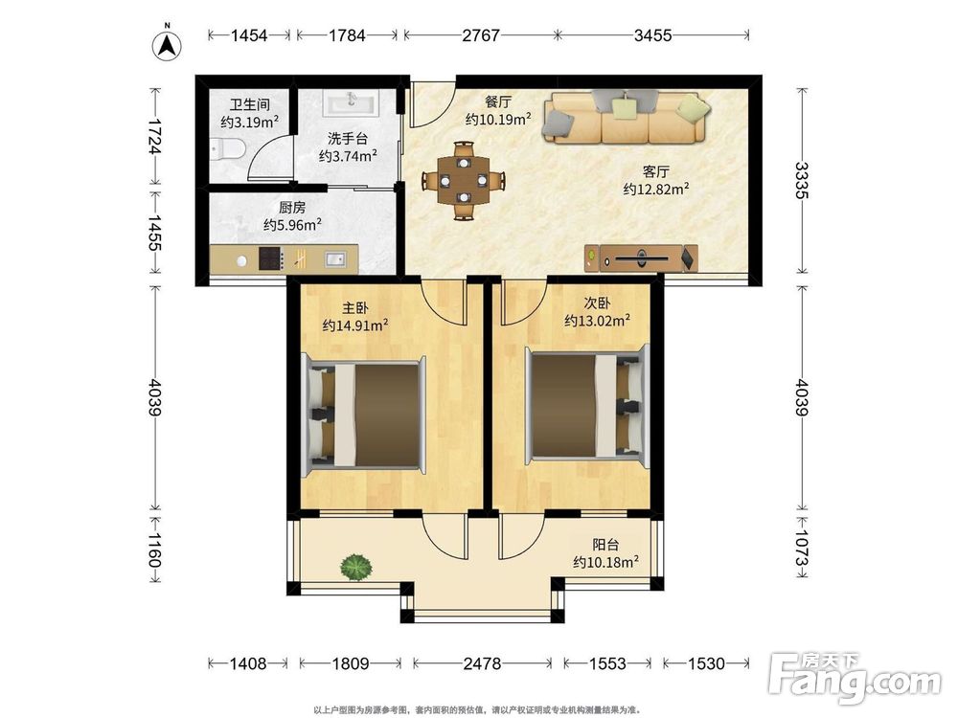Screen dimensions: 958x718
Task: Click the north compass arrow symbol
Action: pos(168,43)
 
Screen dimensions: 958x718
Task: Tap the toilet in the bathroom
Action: pos(226,149)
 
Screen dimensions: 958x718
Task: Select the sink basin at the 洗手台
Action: pos(351,102)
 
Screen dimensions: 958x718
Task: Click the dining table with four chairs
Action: pos(464,180)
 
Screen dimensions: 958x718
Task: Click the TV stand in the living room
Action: pos(641,258)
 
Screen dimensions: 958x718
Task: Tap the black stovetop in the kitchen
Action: pos(271,258)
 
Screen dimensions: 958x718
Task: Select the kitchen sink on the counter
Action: pos(335,259)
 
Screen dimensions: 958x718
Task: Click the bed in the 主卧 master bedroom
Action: pos(363,414)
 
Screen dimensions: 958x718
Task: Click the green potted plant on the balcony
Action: pos(356,566)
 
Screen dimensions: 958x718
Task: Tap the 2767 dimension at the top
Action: pos(480,34)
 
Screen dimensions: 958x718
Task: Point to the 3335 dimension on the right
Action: pos(801,180)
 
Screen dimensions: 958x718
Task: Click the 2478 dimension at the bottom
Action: pos(482,663)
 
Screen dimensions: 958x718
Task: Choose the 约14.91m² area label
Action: pos(355,325)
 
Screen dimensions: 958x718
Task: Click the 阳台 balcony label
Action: pos(605,545)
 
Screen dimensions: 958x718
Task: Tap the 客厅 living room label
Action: pos(655,171)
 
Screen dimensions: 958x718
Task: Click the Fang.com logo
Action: pos(855,679)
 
